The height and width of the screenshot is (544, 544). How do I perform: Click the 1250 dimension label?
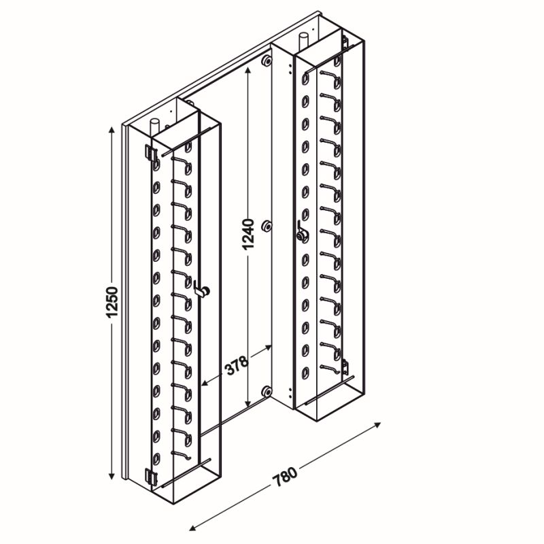(x=112, y=302)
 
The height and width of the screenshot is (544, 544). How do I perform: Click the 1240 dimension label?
(x=248, y=234)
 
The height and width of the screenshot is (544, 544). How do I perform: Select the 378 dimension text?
(x=237, y=365)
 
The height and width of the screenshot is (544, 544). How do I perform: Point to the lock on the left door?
(x=202, y=288)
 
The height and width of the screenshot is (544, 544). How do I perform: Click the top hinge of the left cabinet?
(x=150, y=152)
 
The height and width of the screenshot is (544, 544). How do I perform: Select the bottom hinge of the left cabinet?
(x=151, y=477)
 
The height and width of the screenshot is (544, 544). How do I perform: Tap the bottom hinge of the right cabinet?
(x=345, y=367)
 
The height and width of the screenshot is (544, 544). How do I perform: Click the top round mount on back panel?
(x=267, y=61)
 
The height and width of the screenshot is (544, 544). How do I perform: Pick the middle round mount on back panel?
(x=267, y=226)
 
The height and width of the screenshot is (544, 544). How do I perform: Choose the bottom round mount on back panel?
(x=267, y=391)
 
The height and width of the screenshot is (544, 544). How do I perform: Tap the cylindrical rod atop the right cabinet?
(x=303, y=41)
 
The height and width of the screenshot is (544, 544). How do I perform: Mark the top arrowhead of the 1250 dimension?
(x=112, y=131)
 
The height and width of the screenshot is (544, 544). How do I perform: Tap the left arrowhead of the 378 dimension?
(x=205, y=384)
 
